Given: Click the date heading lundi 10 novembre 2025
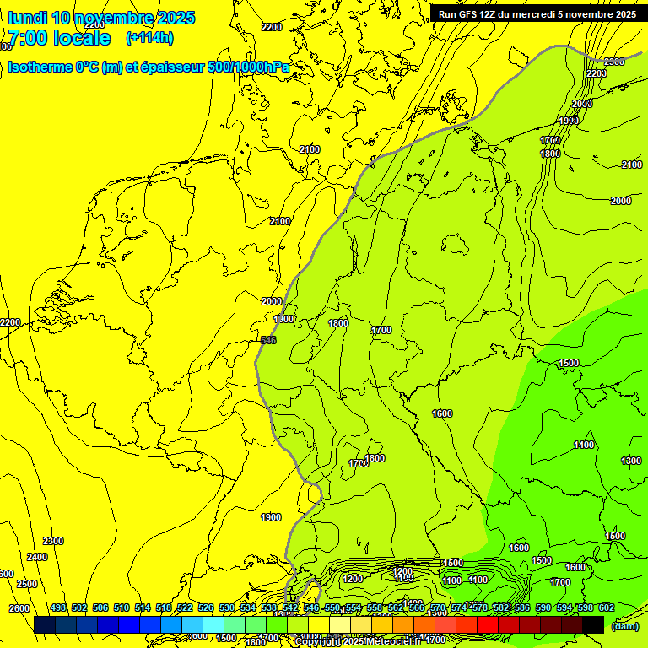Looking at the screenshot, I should (x=101, y=18).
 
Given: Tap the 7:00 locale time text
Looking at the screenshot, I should (x=58, y=39).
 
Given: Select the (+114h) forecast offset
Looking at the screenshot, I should (x=149, y=38).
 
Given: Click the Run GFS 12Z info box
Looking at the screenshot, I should (x=537, y=14).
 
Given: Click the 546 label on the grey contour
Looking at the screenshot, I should (x=268, y=340).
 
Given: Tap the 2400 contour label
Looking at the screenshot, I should (x=37, y=557).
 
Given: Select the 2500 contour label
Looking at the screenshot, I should (x=27, y=584).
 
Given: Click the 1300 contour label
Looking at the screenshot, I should (x=630, y=461).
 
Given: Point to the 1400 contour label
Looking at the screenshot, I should (x=584, y=445).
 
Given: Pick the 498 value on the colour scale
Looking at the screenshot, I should (x=58, y=607).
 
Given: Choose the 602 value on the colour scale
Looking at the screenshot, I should (x=606, y=607).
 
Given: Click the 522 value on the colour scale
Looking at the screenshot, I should (x=185, y=607).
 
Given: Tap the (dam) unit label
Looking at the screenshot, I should (x=624, y=625).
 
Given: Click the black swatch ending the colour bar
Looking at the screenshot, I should (x=593, y=625).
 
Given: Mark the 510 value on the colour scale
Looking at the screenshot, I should (x=121, y=607).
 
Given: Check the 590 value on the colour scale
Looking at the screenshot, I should (x=543, y=607).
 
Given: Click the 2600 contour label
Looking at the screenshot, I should (x=19, y=608).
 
